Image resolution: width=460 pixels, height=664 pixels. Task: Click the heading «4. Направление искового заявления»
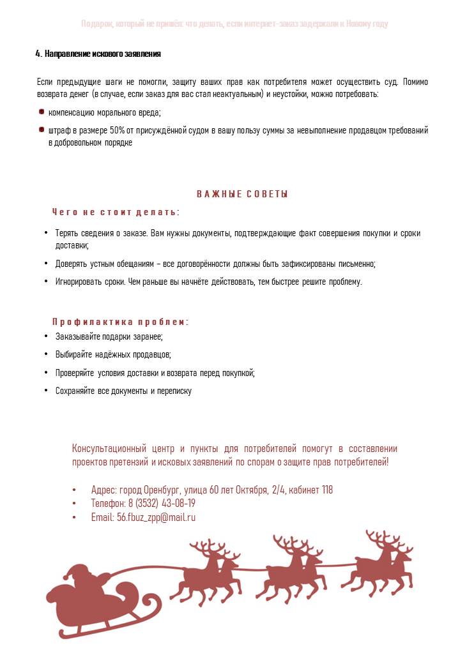pyautogui.click(x=98, y=54)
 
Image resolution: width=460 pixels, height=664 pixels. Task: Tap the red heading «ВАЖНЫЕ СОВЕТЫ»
pyautogui.click(x=242, y=194)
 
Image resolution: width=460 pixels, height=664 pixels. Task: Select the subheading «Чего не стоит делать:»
pyautogui.click(x=116, y=212)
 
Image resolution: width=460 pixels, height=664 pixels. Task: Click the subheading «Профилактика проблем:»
pyautogui.click(x=120, y=322)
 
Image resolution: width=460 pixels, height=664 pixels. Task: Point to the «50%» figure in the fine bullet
pyautogui.click(x=118, y=130)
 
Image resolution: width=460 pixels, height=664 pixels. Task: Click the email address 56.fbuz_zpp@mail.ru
pyautogui.click(x=156, y=518)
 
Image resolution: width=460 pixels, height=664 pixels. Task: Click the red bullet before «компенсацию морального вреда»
pyautogui.click(x=42, y=112)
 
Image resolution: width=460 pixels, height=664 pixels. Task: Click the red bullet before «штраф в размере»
pyautogui.click(x=42, y=130)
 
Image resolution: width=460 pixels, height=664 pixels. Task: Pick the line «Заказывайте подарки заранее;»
pyautogui.click(x=109, y=336)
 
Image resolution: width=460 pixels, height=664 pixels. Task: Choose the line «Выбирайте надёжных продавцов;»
pyautogui.click(x=113, y=354)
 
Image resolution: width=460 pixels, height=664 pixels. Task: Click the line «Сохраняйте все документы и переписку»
pyautogui.click(x=123, y=391)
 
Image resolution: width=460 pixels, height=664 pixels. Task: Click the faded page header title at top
pyautogui.click(x=234, y=24)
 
